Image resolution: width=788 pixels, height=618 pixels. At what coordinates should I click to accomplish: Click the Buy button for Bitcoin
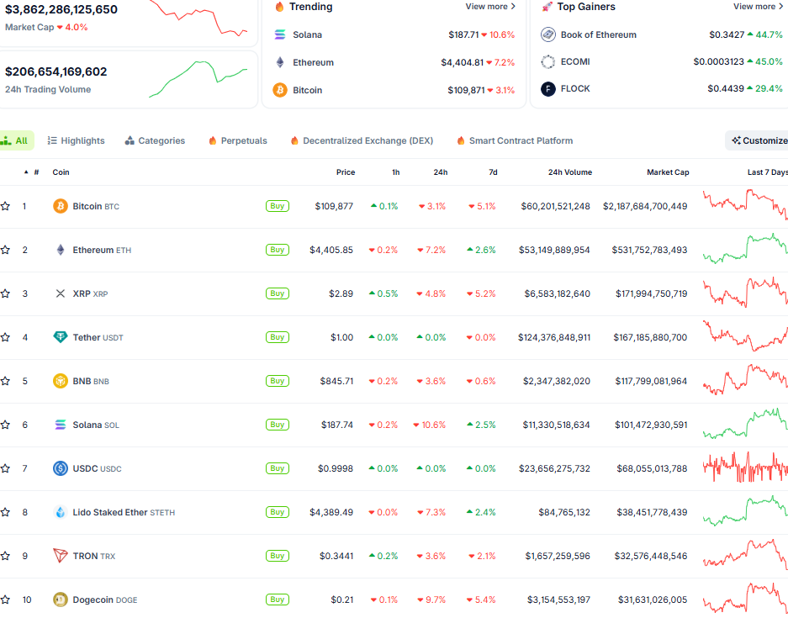(277, 206)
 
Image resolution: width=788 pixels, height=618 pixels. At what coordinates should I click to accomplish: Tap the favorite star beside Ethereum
(5, 250)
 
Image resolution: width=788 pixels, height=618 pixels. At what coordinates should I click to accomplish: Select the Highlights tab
(77, 140)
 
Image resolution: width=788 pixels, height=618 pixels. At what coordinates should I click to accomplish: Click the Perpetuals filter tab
(238, 140)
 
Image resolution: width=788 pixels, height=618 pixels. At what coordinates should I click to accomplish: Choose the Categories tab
(156, 140)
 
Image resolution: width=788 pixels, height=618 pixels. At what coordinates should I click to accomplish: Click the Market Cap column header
(668, 172)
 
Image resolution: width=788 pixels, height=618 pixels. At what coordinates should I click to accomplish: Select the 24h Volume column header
(569, 172)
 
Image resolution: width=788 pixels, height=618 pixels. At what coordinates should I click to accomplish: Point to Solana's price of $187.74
(336, 425)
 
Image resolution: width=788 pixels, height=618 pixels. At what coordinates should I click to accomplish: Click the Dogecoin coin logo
(60, 600)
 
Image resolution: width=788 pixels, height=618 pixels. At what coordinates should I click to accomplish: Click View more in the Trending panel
(490, 7)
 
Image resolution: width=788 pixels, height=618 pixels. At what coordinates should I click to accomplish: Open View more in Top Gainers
(758, 7)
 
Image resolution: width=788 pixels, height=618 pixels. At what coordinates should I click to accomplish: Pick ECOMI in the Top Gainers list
(575, 61)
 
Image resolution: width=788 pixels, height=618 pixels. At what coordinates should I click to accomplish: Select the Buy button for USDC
(277, 468)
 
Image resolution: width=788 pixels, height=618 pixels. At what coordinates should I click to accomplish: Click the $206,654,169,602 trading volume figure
(56, 72)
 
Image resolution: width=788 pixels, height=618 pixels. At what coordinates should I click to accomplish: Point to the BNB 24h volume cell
(556, 381)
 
